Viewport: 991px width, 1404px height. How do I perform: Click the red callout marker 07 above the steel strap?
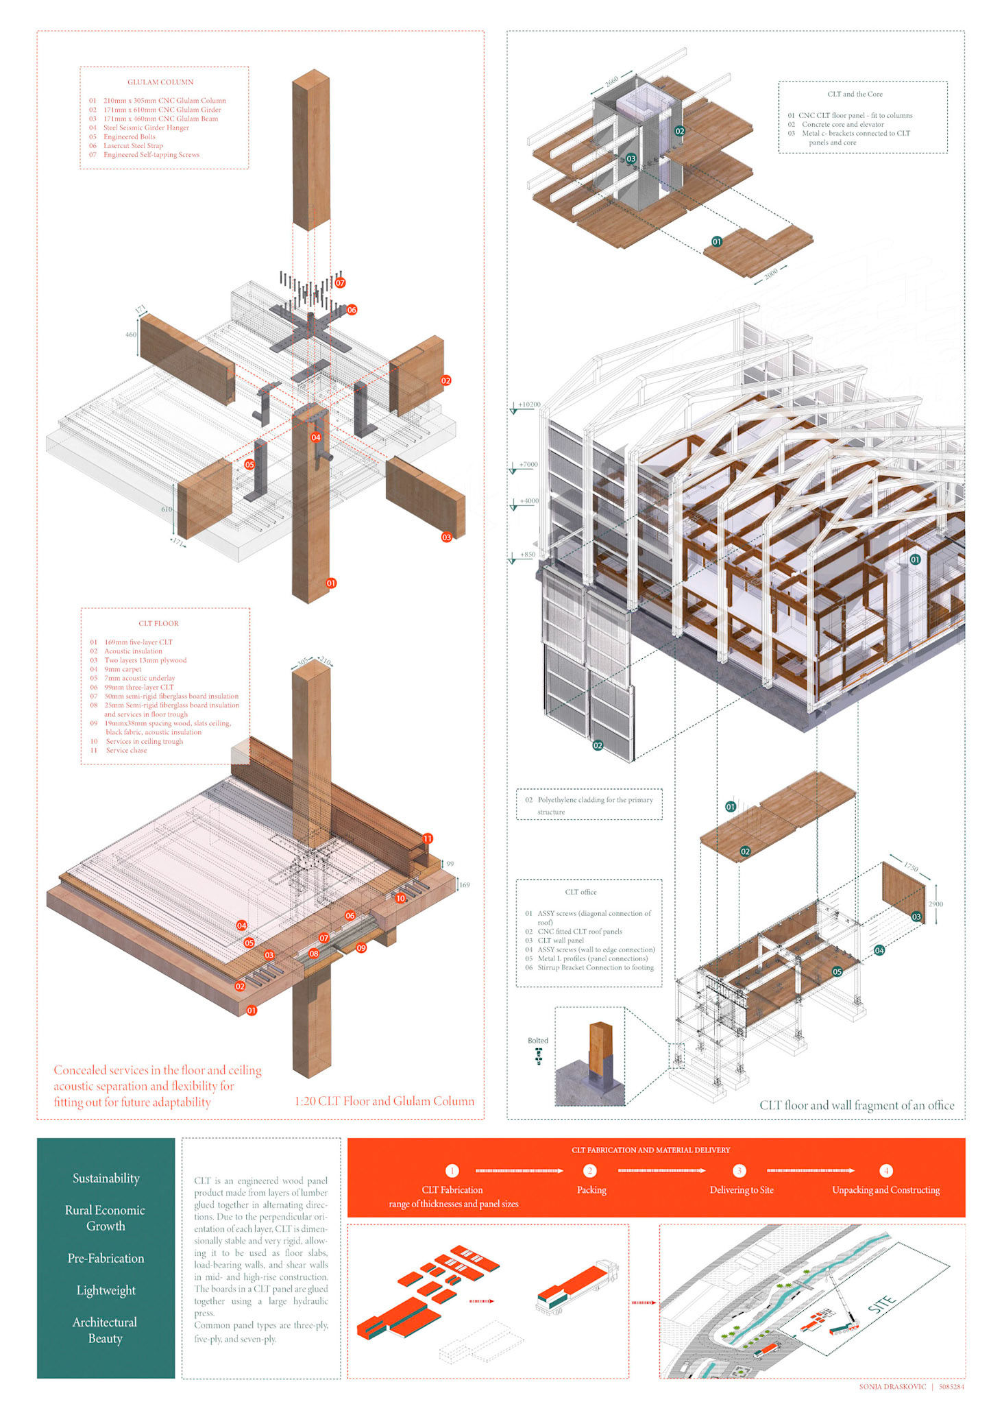[x=340, y=282]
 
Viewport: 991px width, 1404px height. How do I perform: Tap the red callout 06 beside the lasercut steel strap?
[x=352, y=310]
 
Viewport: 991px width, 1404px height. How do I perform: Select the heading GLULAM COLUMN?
[x=160, y=82]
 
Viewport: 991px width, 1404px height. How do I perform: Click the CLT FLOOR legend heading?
[x=158, y=623]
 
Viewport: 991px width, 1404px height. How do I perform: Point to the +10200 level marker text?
[x=529, y=404]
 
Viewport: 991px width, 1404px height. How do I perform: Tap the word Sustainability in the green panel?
[x=106, y=1178]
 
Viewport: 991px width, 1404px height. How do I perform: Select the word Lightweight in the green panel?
[x=106, y=1290]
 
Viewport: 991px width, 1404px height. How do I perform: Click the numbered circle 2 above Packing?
[x=589, y=1170]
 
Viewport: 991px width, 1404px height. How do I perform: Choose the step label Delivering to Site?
[x=742, y=1190]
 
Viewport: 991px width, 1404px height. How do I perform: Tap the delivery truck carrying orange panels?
[x=577, y=1287]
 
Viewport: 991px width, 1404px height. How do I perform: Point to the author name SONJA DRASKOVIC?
[x=892, y=1386]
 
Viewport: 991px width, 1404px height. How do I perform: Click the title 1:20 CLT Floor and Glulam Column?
[x=384, y=1101]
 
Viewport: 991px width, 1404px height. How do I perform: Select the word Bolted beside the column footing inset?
[x=538, y=1040]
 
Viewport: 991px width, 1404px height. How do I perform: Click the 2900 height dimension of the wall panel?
[x=935, y=904]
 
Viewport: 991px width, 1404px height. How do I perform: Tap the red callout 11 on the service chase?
[x=428, y=838]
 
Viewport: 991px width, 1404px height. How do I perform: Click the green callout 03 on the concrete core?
[x=631, y=158]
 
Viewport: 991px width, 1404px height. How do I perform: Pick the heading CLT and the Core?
[x=855, y=94]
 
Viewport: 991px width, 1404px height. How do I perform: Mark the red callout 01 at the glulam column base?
[x=331, y=583]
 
